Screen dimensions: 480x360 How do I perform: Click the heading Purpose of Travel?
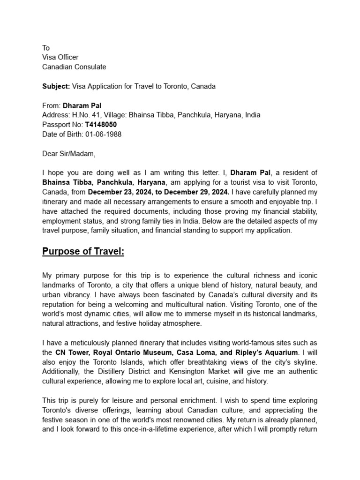pos(83,252)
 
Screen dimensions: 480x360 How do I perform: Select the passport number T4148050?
pos(101,125)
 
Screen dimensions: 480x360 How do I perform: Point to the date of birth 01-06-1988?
pos(103,134)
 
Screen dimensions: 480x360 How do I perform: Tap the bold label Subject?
pos(56,87)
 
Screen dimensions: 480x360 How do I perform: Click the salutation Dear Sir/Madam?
pos(68,153)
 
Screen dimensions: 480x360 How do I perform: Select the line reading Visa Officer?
pos(60,58)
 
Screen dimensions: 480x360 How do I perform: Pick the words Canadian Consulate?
pos(74,67)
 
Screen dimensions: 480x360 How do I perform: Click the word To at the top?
pos(46,48)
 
